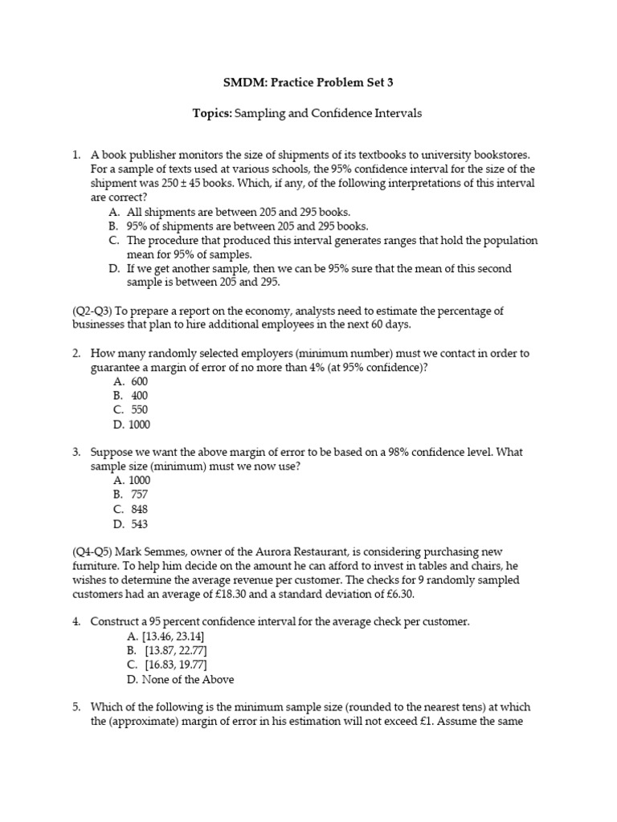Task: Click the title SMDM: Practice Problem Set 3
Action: click(308, 82)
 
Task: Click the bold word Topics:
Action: click(212, 114)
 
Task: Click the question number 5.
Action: click(76, 707)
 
